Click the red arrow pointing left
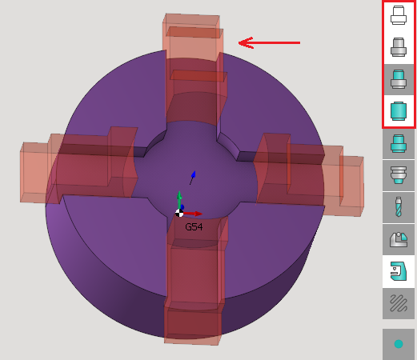click(270, 42)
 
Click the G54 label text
click(194, 227)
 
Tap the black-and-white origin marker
click(179, 213)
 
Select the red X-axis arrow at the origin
click(193, 214)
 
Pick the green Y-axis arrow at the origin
click(179, 200)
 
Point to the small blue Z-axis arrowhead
click(194, 174)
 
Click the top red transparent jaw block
click(194, 70)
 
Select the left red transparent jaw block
click(78, 166)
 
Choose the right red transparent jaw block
click(310, 174)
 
